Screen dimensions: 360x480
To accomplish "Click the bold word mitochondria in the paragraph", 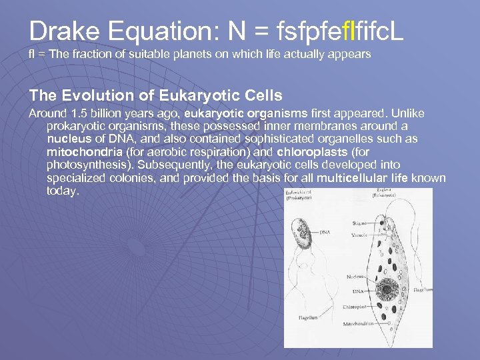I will [x=81, y=151].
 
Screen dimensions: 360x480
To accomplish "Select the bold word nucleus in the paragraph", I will [x=68, y=139].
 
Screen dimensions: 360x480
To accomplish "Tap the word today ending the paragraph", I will [x=63, y=191].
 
